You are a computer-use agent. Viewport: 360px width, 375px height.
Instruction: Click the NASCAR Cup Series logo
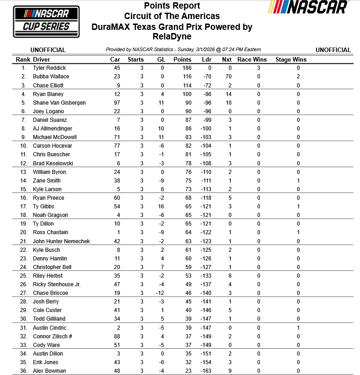click(x=46, y=22)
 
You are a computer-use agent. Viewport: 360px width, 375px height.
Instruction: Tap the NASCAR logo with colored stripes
click(x=308, y=7)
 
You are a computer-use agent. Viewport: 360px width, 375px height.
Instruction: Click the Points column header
click(x=182, y=59)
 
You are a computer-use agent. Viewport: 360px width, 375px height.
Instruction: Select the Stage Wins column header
click(x=291, y=59)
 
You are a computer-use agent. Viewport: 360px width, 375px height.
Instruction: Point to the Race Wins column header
click(x=252, y=59)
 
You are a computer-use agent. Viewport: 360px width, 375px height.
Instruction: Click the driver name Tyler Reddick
click(x=49, y=68)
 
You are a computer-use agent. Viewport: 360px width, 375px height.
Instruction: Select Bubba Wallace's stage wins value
click(x=298, y=77)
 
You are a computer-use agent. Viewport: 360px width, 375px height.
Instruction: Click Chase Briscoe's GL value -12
click(x=161, y=293)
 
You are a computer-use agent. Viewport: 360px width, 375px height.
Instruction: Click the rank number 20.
click(x=24, y=232)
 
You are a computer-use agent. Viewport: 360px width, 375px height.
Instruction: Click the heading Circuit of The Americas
click(x=172, y=16)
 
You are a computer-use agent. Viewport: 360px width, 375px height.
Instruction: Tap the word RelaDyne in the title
click(x=172, y=37)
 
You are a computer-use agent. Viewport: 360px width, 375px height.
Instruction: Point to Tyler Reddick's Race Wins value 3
click(x=259, y=68)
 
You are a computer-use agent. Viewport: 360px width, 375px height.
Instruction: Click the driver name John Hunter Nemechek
click(x=61, y=241)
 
